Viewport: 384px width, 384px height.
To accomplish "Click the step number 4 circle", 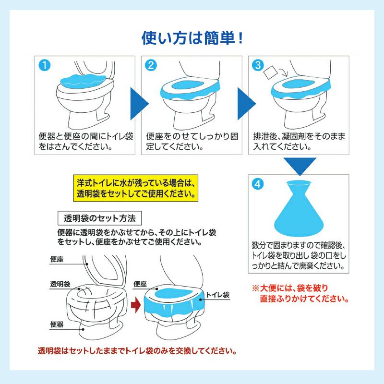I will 259,183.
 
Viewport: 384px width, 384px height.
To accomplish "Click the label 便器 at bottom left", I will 57,324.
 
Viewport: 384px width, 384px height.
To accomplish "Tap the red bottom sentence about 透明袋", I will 137,350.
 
